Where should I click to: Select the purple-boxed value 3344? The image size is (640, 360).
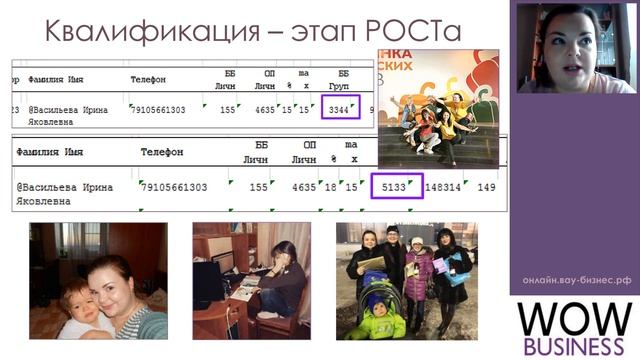pos(340,109)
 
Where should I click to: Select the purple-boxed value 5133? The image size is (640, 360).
pos(397,187)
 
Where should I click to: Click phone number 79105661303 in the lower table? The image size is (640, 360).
pos(174,187)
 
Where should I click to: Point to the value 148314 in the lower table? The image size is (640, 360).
pos(443,187)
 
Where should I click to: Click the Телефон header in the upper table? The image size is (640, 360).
pos(148,79)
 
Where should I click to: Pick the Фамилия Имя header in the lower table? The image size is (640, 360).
pos(50,152)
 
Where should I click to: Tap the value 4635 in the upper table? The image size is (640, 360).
pos(265,109)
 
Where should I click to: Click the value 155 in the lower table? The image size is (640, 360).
pos(259,187)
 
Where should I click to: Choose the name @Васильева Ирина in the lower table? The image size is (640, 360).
pos(65,187)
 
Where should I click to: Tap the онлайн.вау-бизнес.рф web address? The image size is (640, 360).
pos(576,281)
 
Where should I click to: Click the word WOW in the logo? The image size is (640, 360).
pos(575,319)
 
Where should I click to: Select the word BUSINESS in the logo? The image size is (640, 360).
pos(575,347)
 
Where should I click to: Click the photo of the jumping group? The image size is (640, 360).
pos(437,108)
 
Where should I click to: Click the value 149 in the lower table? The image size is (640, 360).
pos(487,187)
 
